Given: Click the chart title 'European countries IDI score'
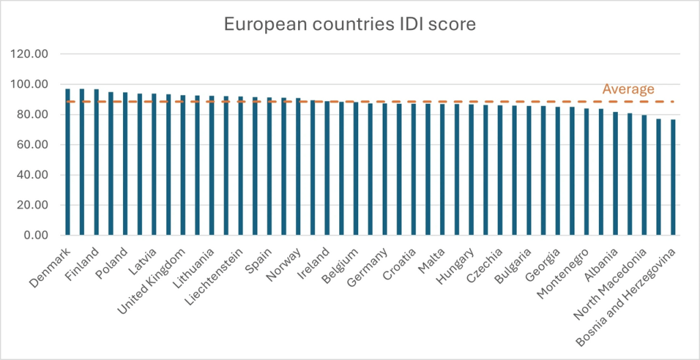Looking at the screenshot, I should (x=349, y=25).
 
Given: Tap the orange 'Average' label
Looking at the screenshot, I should (x=628, y=89).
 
